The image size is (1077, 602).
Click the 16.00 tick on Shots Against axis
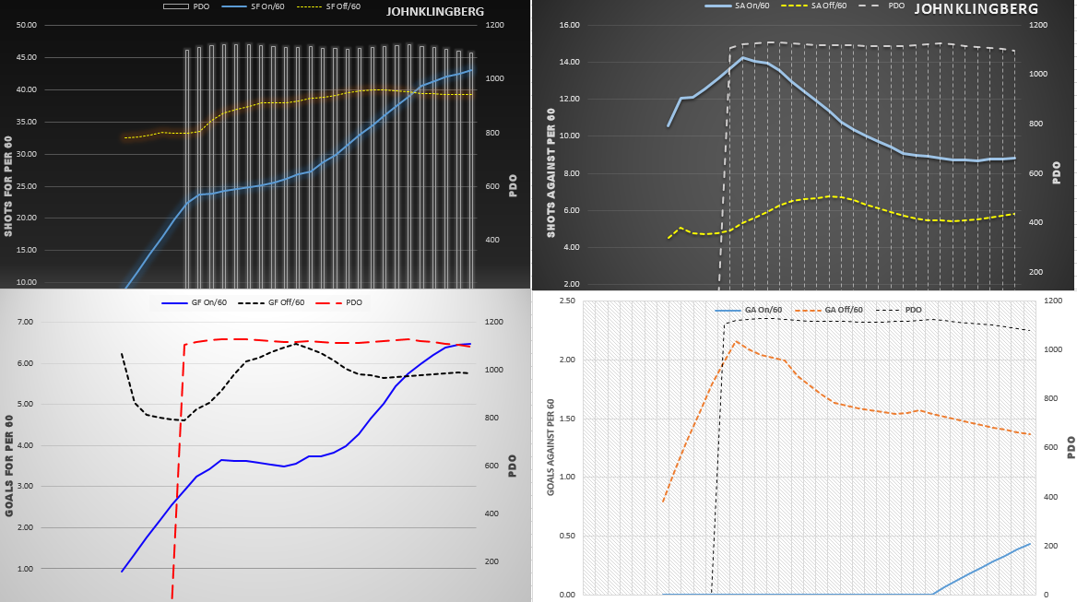click(x=567, y=25)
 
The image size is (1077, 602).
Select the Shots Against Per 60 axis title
click(x=550, y=173)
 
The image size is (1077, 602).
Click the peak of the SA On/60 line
click(x=743, y=58)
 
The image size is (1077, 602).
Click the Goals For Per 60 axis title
click(x=9, y=465)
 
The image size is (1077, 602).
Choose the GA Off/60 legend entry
click(x=844, y=310)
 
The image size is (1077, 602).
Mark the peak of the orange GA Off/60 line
click(x=735, y=341)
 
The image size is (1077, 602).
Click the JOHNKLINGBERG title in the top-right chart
click(x=976, y=9)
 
